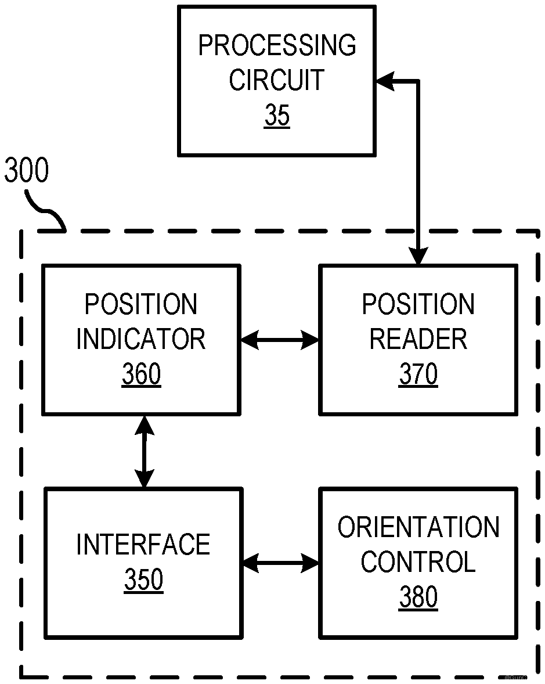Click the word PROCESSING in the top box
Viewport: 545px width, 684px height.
coord(277,46)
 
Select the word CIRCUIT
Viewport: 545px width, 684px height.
coord(276,80)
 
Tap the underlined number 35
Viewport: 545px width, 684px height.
coord(277,116)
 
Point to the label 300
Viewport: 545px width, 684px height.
coord(27,171)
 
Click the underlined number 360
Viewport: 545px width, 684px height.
coord(141,375)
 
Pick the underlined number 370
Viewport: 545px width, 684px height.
coord(418,375)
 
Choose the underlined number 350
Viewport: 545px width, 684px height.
coord(143,580)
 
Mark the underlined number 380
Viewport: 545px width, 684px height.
coord(418,597)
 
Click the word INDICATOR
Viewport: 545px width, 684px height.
coord(141,340)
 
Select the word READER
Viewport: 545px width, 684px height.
coord(418,340)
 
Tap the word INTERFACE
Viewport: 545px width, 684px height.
coord(143,545)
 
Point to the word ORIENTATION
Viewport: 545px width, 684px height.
coord(418,527)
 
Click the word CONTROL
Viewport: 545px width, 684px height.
coord(418,562)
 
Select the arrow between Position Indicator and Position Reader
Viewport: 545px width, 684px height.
coord(280,340)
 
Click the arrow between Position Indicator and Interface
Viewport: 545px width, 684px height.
coord(144,451)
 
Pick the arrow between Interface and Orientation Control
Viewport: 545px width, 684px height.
coord(281,563)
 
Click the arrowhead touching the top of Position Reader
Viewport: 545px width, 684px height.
coord(418,257)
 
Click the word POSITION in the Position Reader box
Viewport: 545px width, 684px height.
coord(418,305)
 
